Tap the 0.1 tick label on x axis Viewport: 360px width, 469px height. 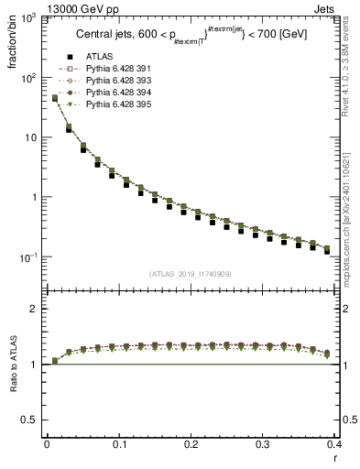pyautogui.click(x=119, y=443)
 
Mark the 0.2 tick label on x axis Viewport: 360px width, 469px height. pyautogui.click(x=191, y=443)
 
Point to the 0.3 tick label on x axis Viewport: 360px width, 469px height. pyautogui.click(x=263, y=443)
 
